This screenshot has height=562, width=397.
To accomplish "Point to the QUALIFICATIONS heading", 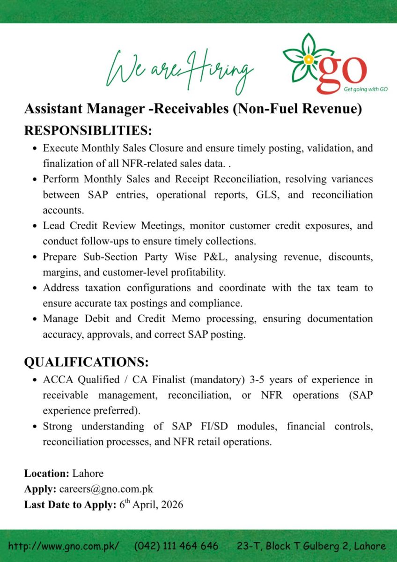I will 86,362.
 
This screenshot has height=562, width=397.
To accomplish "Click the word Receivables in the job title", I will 191,109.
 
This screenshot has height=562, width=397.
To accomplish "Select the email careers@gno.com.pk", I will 106,489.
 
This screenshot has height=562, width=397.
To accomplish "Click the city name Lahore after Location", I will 88,473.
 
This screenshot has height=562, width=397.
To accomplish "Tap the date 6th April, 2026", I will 151,504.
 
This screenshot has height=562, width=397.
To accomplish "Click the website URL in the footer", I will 64,546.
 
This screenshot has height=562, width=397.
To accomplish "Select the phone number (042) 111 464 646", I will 176,546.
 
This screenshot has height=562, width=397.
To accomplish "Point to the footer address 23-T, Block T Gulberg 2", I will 311,546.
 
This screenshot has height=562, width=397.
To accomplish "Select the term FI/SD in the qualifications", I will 215,426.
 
